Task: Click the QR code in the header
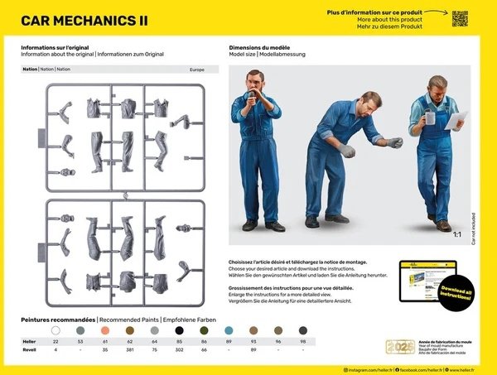point(460,18)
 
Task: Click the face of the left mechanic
point(258,85)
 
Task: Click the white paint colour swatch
point(55,329)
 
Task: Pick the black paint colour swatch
point(179,329)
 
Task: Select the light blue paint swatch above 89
point(229,329)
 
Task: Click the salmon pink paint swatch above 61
point(105,329)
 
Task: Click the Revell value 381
point(130,349)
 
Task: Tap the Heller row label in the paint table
point(30,340)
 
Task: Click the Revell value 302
point(179,349)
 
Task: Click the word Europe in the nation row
point(196,70)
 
